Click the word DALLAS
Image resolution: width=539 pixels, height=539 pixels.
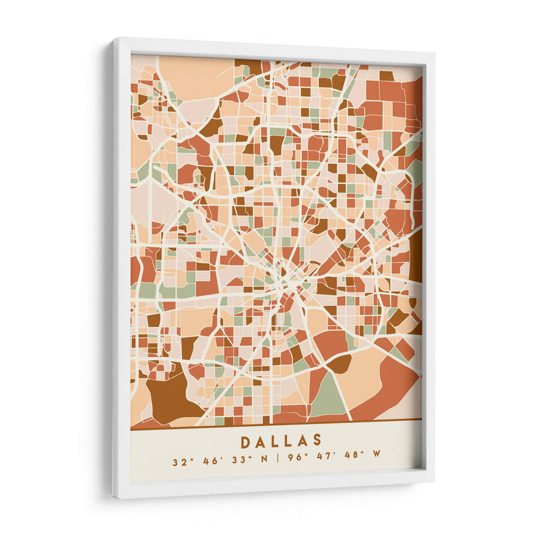point(281,441)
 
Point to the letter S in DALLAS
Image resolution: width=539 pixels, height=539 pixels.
point(317,441)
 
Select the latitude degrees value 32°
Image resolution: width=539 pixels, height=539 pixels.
point(179,462)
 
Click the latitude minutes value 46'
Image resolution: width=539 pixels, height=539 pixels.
point(208,462)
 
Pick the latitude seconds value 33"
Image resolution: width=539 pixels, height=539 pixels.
point(238,462)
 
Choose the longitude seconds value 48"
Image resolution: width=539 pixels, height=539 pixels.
point(352,462)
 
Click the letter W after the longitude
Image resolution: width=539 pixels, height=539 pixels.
point(377,462)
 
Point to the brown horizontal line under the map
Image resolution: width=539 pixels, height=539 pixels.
point(276,424)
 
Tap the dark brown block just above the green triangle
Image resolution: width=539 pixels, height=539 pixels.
point(339,364)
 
